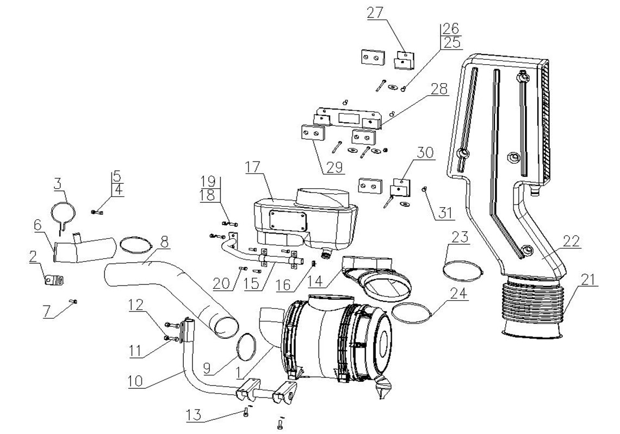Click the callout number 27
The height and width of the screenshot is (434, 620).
point(375,13)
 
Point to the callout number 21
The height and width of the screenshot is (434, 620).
point(589,280)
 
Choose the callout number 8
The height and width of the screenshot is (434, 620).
point(164,242)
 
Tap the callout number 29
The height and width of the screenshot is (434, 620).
point(334,168)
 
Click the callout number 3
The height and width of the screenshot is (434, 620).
point(58,184)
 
